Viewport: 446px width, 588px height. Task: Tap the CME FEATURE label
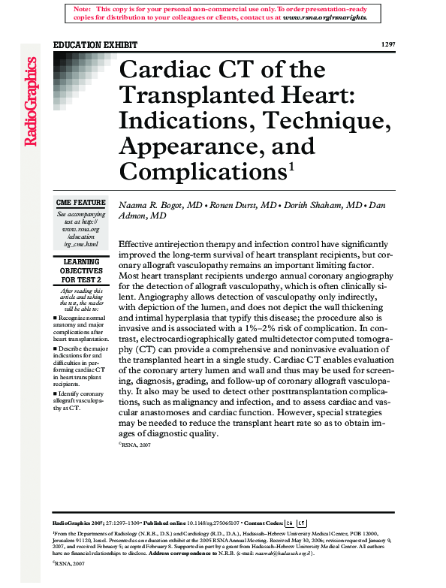[81, 204]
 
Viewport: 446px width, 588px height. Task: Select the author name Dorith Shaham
[321, 205]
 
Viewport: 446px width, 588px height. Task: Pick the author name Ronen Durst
[237, 205]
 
